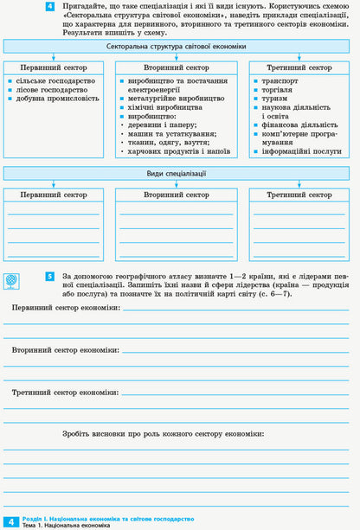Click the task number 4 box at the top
coord(50,7)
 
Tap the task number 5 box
coord(50,277)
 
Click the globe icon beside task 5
coord(10,281)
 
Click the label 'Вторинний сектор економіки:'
coord(65,350)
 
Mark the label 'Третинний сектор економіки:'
coord(66,392)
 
